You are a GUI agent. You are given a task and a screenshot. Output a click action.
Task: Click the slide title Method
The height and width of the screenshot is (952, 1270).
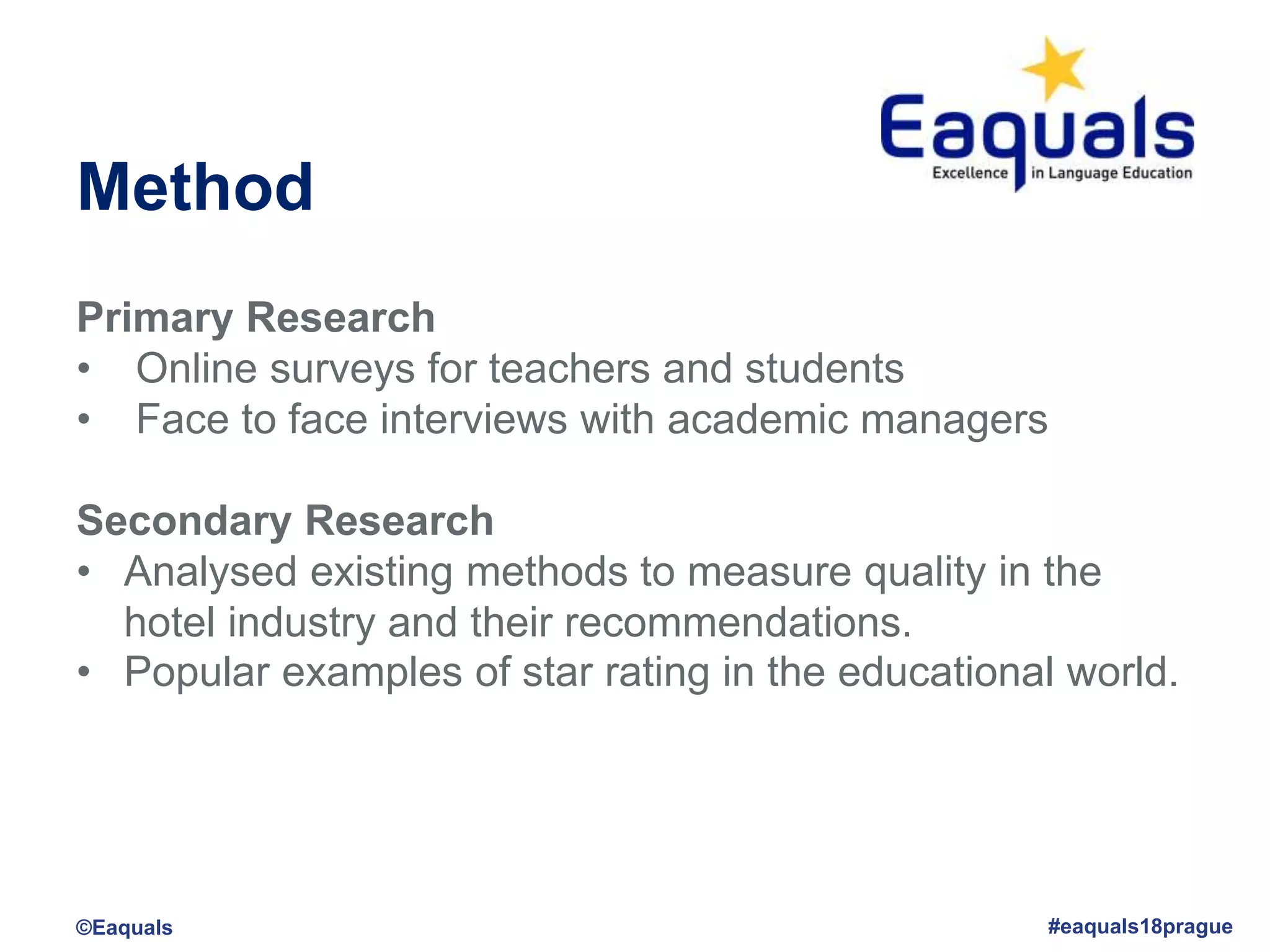click(x=195, y=187)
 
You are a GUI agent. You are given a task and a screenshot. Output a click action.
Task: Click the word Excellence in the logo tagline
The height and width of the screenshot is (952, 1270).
click(x=970, y=173)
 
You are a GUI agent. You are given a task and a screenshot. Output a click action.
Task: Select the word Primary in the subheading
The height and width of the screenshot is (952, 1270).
click(x=154, y=319)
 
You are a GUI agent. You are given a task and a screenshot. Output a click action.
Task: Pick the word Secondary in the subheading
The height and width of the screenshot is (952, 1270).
click(x=184, y=521)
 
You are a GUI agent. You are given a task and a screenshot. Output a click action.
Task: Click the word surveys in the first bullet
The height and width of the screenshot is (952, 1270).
click(x=342, y=369)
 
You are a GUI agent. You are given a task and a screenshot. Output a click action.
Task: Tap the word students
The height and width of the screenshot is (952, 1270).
click(x=824, y=369)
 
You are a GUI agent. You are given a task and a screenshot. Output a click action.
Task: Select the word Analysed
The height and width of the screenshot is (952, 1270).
click(x=210, y=572)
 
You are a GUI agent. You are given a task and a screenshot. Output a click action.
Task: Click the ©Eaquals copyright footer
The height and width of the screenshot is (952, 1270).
click(x=124, y=928)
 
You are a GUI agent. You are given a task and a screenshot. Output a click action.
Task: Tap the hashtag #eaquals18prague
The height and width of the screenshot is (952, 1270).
click(x=1140, y=927)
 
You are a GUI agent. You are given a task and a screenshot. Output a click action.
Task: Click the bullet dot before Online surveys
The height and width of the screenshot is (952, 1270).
click(x=84, y=370)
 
